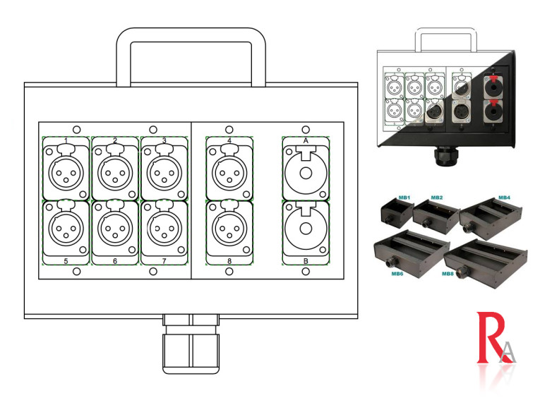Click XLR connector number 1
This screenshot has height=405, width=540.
66,170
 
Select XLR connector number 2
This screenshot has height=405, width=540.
115,170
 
